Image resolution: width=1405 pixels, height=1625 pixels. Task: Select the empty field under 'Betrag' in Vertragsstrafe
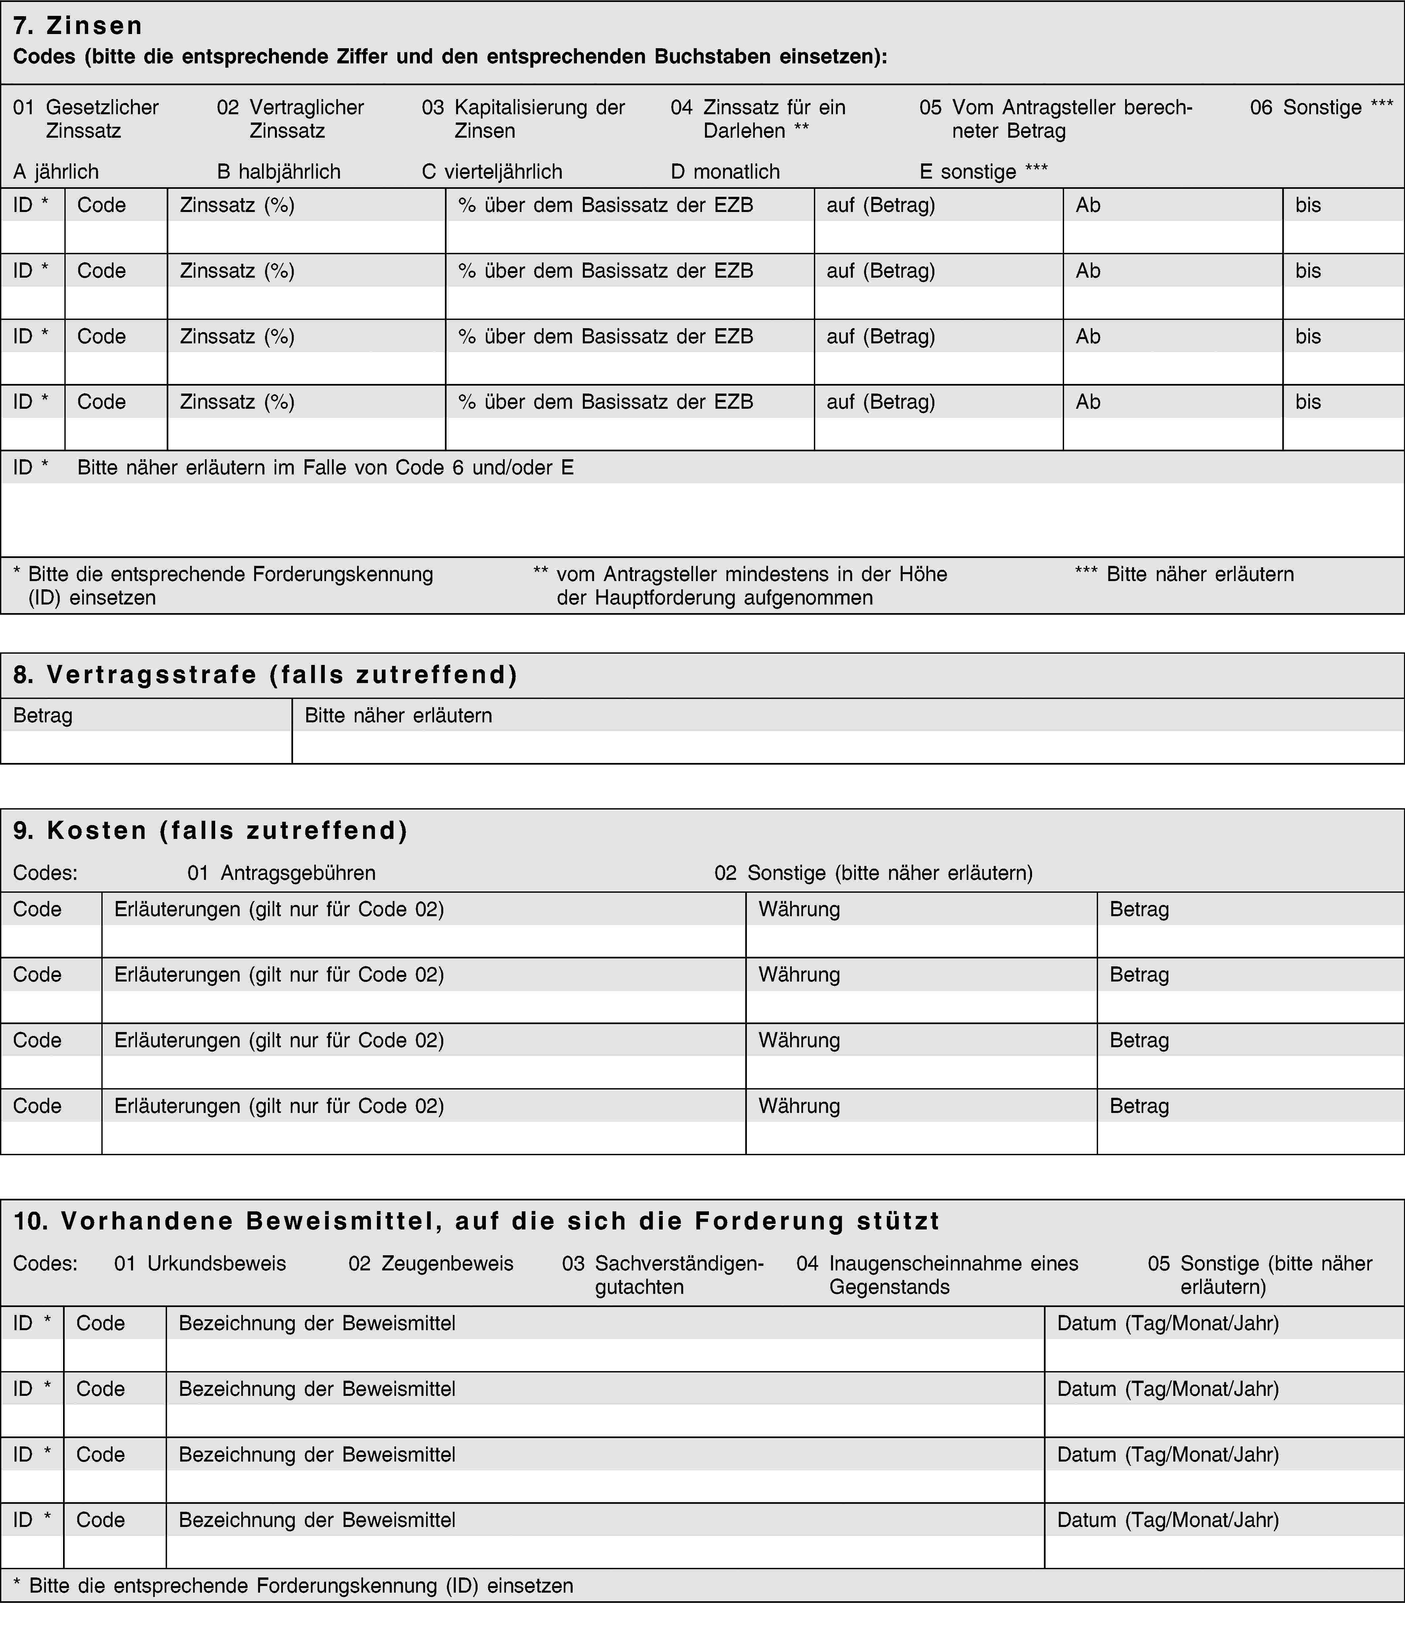point(146,747)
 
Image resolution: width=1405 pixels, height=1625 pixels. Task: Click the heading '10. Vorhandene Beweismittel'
point(477,1221)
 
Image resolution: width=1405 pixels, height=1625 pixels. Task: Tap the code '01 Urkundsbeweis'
point(200,1263)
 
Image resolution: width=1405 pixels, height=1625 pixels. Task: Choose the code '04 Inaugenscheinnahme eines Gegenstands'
point(938,1275)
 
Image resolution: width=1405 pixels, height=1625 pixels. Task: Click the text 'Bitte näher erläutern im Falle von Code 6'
point(325,468)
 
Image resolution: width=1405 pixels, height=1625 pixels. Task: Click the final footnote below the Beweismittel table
point(293,1586)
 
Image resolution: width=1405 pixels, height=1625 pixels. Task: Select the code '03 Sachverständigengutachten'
point(663,1275)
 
